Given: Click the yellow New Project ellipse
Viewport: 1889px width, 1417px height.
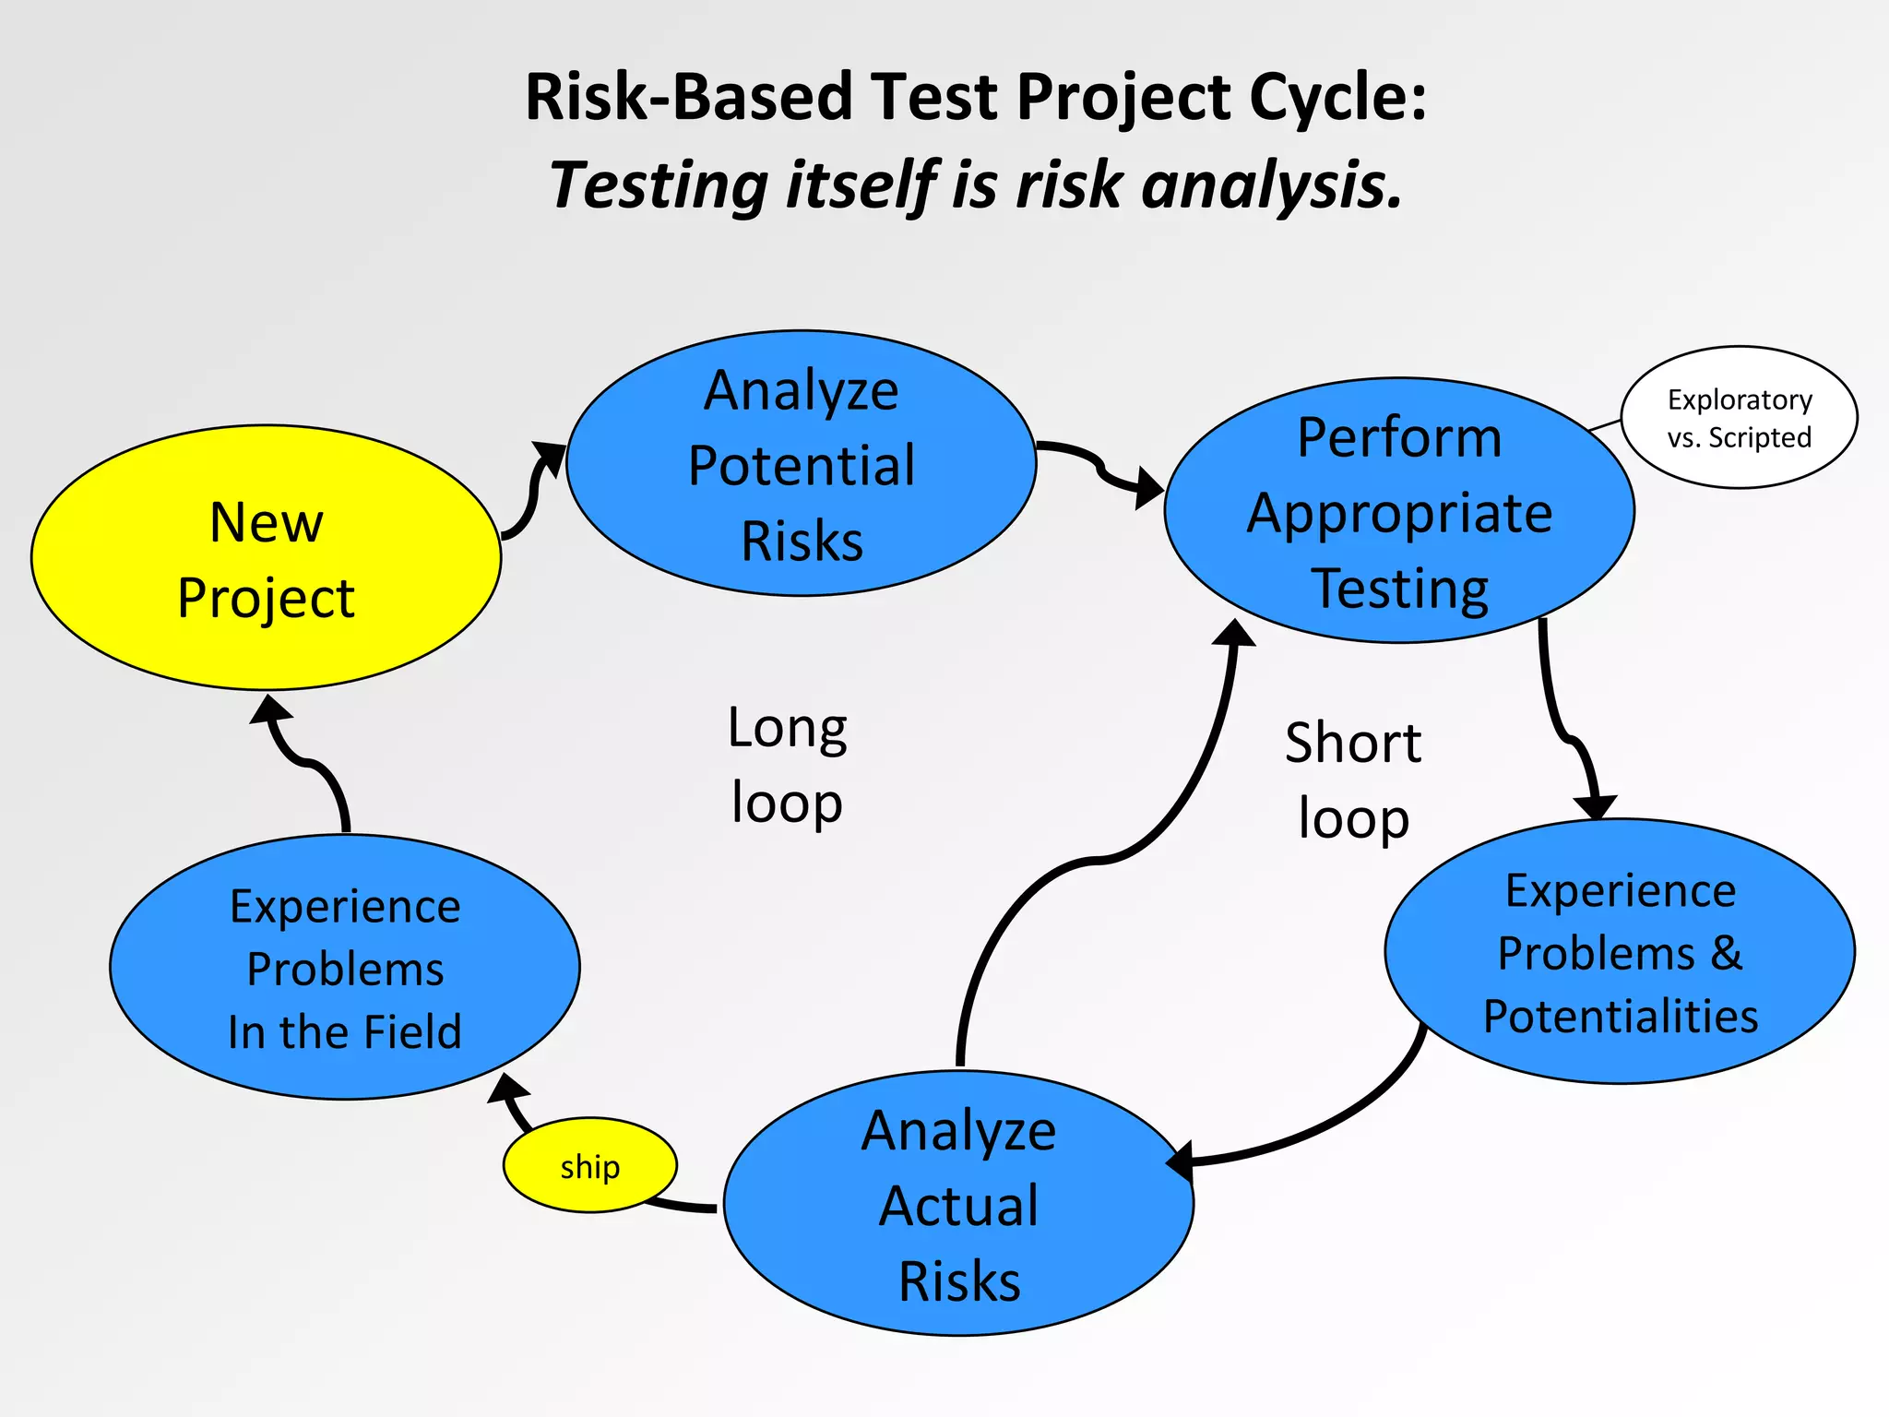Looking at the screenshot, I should tap(266, 558).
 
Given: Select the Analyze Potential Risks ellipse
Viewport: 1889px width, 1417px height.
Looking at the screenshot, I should tap(801, 464).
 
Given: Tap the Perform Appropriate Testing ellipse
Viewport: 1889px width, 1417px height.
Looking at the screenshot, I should tap(1398, 510).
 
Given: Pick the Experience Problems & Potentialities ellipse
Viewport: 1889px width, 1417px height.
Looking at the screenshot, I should tap(1620, 952).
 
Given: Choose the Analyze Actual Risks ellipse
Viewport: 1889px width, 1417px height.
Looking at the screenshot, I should tap(958, 1204).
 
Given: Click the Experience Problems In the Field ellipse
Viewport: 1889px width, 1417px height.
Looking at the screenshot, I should tap(344, 968).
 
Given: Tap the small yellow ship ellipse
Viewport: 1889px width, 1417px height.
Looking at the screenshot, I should tap(589, 1166).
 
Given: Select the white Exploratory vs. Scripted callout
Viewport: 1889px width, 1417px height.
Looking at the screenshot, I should tap(1739, 417).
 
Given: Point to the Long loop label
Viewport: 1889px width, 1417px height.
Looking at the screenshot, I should tap(787, 764).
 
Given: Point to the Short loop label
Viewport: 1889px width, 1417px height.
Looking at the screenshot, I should tap(1353, 780).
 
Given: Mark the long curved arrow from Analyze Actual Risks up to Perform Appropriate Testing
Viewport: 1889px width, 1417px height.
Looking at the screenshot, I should tap(1098, 860).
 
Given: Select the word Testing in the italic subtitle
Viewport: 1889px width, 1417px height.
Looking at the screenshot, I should tap(658, 185).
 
